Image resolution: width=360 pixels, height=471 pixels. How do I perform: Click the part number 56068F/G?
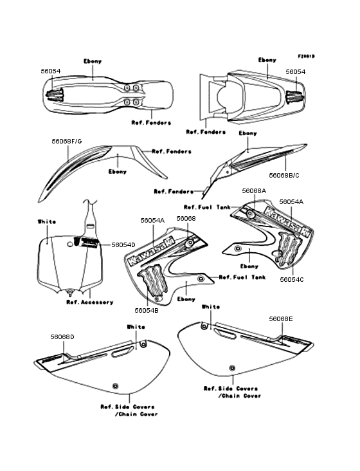click(67, 141)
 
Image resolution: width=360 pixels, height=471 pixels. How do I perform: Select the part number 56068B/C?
click(284, 176)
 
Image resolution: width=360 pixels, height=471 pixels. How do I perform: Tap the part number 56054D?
click(123, 245)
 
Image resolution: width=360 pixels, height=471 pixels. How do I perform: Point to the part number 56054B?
click(147, 311)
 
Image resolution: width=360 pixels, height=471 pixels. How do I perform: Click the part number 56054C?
click(292, 280)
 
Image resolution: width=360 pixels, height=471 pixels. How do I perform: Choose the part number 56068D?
click(62, 337)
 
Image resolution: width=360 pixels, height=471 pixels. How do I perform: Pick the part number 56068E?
click(281, 319)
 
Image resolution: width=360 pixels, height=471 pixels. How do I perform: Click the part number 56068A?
click(254, 191)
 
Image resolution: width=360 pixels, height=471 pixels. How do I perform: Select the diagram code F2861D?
click(306, 56)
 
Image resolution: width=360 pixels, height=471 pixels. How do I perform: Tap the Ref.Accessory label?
click(90, 302)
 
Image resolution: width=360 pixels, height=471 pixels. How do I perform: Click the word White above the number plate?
click(47, 222)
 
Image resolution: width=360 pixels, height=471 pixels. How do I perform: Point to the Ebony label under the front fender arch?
click(117, 172)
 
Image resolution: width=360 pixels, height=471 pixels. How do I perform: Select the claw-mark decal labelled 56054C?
click(288, 249)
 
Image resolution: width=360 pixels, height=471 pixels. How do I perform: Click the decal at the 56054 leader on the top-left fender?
click(55, 95)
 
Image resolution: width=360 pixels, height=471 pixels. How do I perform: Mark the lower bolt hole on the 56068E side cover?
click(231, 367)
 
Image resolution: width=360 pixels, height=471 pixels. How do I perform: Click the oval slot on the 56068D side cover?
click(122, 352)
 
